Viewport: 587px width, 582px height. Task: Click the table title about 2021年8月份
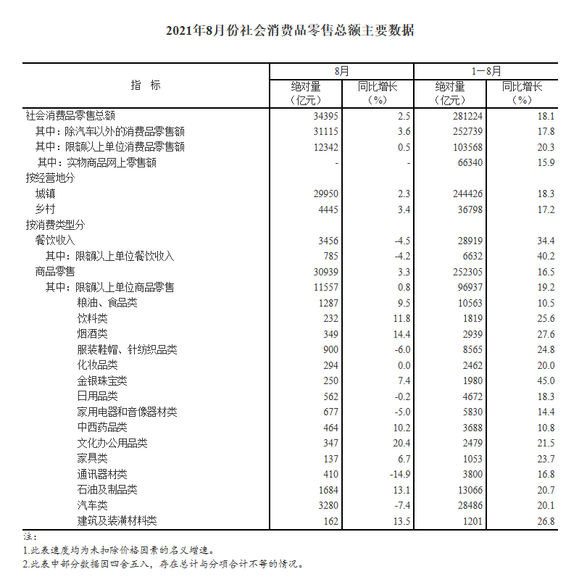[293, 30]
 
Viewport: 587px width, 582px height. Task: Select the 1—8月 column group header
[486, 72]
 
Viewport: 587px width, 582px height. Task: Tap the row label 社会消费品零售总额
[70, 116]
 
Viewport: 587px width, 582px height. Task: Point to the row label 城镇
[46, 194]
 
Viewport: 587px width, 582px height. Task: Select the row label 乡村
[46, 209]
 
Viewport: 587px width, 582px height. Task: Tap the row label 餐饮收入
[55, 241]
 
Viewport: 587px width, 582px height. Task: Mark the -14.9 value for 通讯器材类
[399, 474]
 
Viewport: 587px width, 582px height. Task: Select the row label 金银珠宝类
[102, 381]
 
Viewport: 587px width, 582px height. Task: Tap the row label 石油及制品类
[107, 490]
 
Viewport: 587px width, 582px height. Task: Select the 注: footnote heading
[30, 537]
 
